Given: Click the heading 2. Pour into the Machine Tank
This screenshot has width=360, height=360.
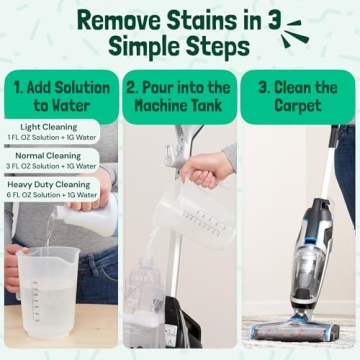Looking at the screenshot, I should click(179, 96).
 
